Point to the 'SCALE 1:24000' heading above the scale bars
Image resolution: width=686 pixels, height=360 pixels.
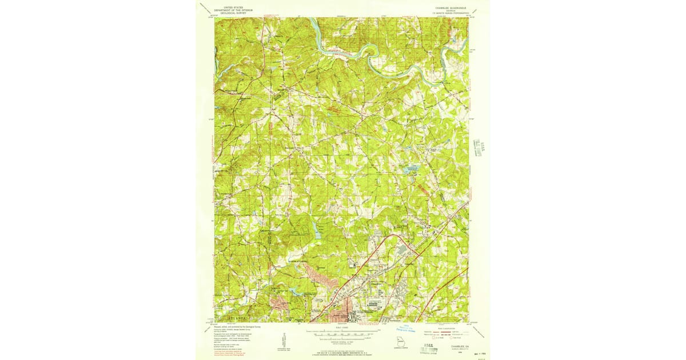(x=342, y=327)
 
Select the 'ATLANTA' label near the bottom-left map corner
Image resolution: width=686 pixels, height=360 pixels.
(x=236, y=316)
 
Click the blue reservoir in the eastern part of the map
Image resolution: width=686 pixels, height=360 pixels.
(x=412, y=169)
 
